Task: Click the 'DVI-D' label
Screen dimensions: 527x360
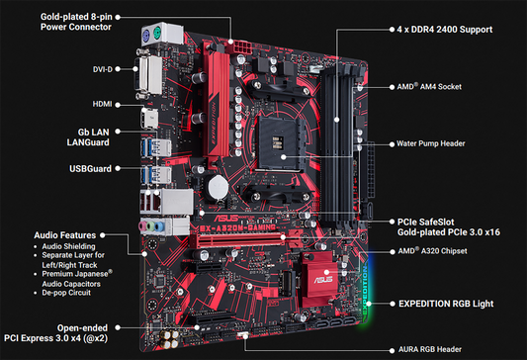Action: [103, 69]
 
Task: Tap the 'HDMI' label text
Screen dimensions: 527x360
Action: [102, 104]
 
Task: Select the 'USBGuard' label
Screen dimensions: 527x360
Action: [90, 168]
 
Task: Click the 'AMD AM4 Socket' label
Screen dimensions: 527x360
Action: [429, 87]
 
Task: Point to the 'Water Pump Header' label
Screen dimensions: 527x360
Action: [430, 143]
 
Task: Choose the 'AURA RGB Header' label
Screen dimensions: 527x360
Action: [430, 349]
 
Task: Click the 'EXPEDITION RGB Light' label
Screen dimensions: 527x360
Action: [446, 304]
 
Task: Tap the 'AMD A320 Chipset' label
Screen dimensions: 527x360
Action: [432, 251]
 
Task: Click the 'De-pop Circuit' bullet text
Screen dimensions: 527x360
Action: [66, 293]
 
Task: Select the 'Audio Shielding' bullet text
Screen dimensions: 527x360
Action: [68, 246]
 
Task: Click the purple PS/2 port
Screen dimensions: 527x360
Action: [146, 35]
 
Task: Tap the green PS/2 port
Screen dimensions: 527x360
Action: [157, 34]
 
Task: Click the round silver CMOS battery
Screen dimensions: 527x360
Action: [218, 186]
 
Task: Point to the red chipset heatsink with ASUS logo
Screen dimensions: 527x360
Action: [317, 279]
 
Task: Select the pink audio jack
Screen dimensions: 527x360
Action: [143, 225]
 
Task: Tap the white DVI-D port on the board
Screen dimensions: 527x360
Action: [149, 75]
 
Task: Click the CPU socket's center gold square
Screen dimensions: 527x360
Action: [278, 141]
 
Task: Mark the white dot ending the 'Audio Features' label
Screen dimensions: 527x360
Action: [103, 235]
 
